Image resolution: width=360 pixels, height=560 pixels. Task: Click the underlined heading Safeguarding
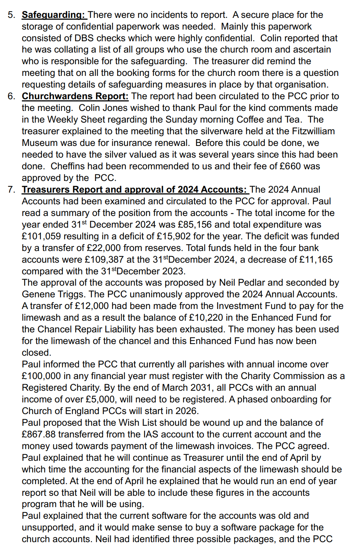click(53, 15)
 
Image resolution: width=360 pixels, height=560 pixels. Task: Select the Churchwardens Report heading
click(75, 96)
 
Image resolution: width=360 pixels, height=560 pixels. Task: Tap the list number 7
click(11, 190)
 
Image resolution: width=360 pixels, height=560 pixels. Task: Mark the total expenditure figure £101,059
click(42, 236)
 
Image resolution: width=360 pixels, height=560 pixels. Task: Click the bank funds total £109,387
click(103, 260)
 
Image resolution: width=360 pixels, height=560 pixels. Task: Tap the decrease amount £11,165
click(316, 260)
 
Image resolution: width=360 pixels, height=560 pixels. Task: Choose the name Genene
click(38, 294)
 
